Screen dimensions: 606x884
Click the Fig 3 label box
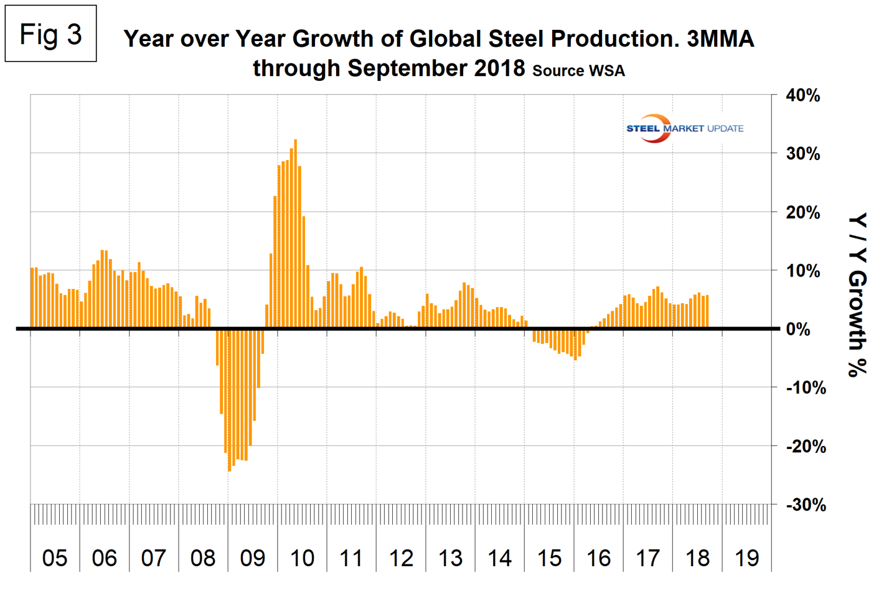tap(50, 34)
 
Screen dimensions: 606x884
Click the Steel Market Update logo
tap(684, 128)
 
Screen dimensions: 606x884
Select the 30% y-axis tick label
tap(803, 154)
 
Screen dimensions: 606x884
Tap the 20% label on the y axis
tap(803, 212)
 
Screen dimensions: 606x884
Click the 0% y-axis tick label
tap(798, 329)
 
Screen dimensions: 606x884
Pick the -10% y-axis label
tap(806, 387)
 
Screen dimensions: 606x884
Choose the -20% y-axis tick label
tap(806, 446)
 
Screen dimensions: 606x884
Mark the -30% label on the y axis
tap(806, 504)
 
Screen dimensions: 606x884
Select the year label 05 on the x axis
tap(55, 558)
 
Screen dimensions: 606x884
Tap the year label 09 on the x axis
tap(253, 558)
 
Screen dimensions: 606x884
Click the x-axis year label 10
tap(302, 558)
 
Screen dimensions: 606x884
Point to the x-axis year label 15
tap(549, 558)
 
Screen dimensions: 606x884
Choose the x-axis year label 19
tap(746, 558)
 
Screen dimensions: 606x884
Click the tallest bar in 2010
tap(295, 234)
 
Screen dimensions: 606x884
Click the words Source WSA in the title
tap(578, 71)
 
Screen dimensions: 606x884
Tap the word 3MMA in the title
tap(720, 39)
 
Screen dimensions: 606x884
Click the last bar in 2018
tap(707, 311)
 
